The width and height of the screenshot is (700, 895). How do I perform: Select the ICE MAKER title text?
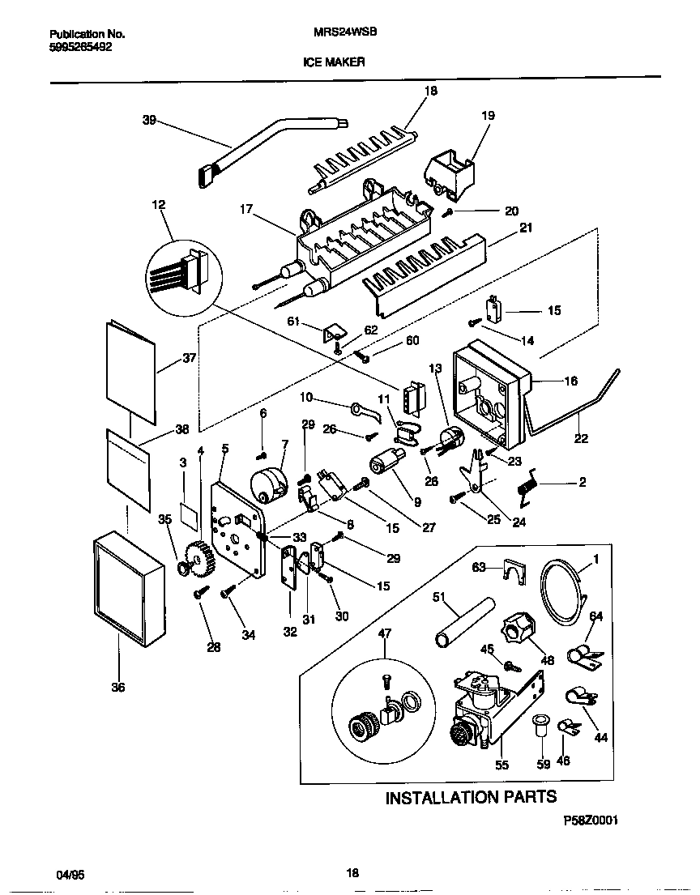coord(334,61)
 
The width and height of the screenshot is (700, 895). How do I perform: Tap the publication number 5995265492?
coord(81,47)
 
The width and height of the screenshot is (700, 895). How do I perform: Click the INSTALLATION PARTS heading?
coord(470,797)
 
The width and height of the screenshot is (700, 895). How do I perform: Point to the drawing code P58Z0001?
coord(591,820)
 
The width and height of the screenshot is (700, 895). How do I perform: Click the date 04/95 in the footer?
coord(70,875)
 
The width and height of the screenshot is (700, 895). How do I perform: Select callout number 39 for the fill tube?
coord(148,121)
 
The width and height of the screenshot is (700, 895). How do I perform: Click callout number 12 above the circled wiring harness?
coord(158,206)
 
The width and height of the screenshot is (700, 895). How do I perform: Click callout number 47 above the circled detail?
coord(384,633)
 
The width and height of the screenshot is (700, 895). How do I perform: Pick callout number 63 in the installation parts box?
coord(479,568)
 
